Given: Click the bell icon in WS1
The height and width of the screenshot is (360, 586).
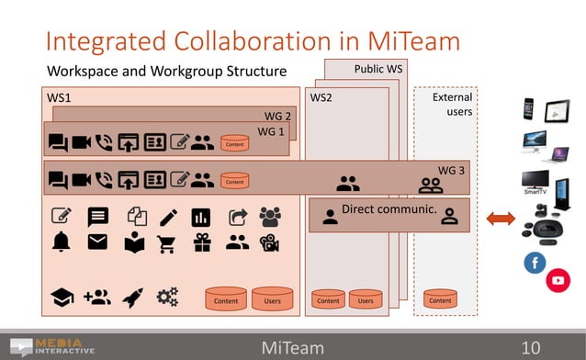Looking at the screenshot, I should pos(62,242).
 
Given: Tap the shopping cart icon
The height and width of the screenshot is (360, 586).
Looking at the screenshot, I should pos(166,243).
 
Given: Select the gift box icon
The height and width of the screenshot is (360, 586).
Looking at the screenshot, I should pos(201,242).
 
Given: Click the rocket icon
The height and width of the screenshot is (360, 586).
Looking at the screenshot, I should pos(132,297).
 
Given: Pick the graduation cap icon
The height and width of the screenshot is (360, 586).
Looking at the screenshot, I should pos(62,297).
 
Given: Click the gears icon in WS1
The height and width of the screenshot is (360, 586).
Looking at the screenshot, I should pos(168,297).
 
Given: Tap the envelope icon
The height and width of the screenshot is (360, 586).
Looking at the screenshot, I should pos(97,242).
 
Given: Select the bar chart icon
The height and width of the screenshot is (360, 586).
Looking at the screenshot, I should pos(201,218).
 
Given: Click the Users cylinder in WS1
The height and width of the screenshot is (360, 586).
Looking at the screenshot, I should pos(272,298).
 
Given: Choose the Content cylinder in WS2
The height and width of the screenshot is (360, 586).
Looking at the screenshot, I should pos(328,299).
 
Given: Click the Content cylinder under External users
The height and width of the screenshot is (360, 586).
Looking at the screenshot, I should pos(441,299).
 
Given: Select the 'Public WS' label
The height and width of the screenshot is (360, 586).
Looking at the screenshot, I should pos(378,70).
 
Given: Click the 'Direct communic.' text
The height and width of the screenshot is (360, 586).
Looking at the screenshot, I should pos(388,209).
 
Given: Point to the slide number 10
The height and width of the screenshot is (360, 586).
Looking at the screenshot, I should pos(531,347).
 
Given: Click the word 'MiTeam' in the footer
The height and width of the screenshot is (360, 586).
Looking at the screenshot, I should pos(292,347).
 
